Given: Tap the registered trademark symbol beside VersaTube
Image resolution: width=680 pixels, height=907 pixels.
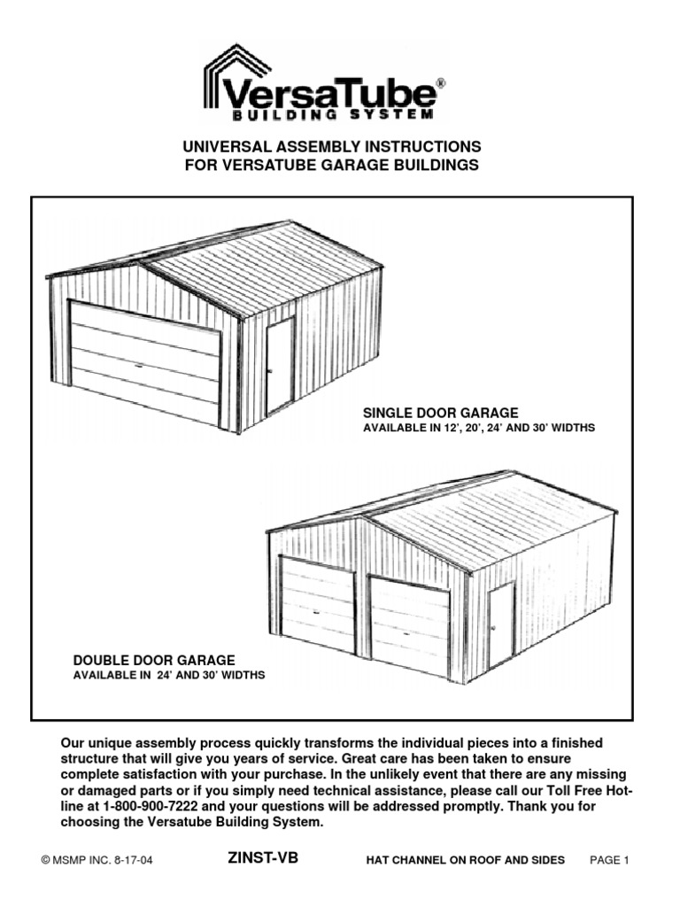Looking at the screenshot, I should [x=441, y=82].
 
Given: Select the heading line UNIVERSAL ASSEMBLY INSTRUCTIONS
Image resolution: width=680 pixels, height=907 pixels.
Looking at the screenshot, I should [x=332, y=146].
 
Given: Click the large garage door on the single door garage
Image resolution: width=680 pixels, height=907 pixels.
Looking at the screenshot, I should [x=145, y=361].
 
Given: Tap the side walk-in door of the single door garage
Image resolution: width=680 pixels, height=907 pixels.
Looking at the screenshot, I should [x=280, y=365].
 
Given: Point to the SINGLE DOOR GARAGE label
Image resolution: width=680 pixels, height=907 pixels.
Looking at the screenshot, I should [x=440, y=413].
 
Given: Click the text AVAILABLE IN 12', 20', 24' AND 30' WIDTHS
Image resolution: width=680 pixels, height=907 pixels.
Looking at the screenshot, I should [x=479, y=428].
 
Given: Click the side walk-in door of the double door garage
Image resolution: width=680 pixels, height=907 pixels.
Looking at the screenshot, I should [x=501, y=625].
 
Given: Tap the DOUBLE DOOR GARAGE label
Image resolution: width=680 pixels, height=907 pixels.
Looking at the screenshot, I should [x=153, y=660].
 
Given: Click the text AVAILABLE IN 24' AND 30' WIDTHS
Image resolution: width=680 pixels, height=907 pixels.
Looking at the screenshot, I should [x=168, y=675].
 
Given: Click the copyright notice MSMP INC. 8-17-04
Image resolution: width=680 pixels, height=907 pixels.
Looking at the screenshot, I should [x=106, y=860].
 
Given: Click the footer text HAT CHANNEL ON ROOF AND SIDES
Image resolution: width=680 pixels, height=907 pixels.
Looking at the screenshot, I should [x=465, y=860].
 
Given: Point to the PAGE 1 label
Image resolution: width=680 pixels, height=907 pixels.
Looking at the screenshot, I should [x=608, y=860].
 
